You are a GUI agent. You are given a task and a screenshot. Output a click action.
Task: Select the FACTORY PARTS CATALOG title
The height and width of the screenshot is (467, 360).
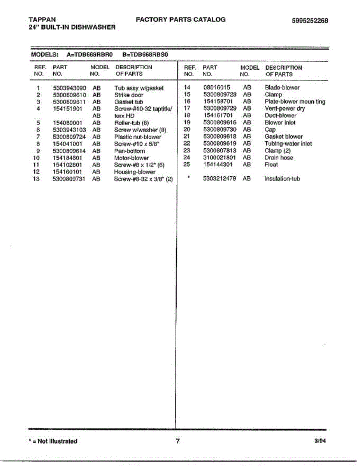(x=181, y=19)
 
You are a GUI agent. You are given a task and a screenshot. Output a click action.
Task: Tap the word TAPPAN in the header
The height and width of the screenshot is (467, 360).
(x=42, y=19)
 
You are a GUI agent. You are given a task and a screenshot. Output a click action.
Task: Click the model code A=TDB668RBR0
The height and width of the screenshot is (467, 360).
(x=90, y=54)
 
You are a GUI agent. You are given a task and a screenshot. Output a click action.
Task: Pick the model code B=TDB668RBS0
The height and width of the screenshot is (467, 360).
(x=145, y=54)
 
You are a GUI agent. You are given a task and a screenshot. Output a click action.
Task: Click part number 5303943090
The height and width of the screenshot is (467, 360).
(x=70, y=88)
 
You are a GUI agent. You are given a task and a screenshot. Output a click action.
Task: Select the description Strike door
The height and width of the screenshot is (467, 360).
(x=129, y=95)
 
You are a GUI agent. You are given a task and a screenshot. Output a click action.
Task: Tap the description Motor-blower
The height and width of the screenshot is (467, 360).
(x=131, y=158)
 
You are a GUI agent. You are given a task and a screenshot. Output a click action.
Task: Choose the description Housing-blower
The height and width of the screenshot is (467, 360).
(x=134, y=172)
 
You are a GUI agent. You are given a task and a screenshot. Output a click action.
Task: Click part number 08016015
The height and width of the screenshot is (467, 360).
(x=217, y=88)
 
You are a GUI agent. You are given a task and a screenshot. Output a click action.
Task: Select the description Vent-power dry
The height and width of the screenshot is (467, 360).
(x=285, y=109)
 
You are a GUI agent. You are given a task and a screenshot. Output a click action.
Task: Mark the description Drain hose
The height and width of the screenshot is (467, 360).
(x=279, y=158)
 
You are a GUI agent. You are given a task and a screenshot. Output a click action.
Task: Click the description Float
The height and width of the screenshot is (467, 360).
(x=271, y=165)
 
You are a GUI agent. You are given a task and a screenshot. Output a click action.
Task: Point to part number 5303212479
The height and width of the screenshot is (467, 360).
(x=220, y=179)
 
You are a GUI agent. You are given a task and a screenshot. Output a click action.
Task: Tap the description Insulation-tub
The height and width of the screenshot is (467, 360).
(x=282, y=179)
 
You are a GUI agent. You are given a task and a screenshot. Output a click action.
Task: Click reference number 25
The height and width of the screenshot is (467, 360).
(x=186, y=165)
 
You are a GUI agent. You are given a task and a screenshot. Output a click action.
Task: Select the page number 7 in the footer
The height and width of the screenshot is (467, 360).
(x=178, y=441)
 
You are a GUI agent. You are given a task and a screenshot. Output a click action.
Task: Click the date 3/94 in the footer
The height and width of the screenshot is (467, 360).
(x=320, y=441)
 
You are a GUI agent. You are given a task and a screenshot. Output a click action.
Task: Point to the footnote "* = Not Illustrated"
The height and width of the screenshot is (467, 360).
(x=53, y=441)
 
